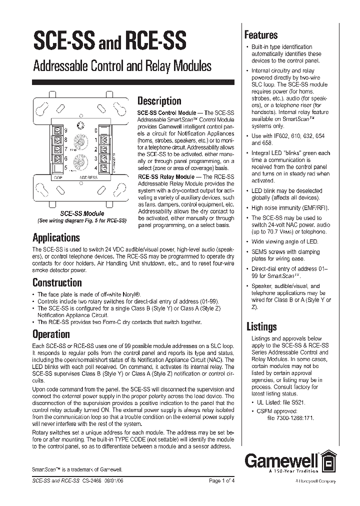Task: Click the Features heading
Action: click(x=260, y=35)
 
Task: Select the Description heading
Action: click(x=159, y=101)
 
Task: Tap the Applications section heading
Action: click(x=56, y=237)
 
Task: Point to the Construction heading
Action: click(x=57, y=282)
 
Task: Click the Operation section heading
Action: click(x=51, y=334)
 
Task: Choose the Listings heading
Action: click(x=261, y=326)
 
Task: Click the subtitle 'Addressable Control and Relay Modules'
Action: click(x=122, y=66)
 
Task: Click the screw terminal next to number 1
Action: click(x=105, y=141)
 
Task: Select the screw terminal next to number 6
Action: click(x=57, y=159)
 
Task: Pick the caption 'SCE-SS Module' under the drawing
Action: click(x=82, y=213)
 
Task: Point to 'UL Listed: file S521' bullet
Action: click(x=277, y=401)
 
